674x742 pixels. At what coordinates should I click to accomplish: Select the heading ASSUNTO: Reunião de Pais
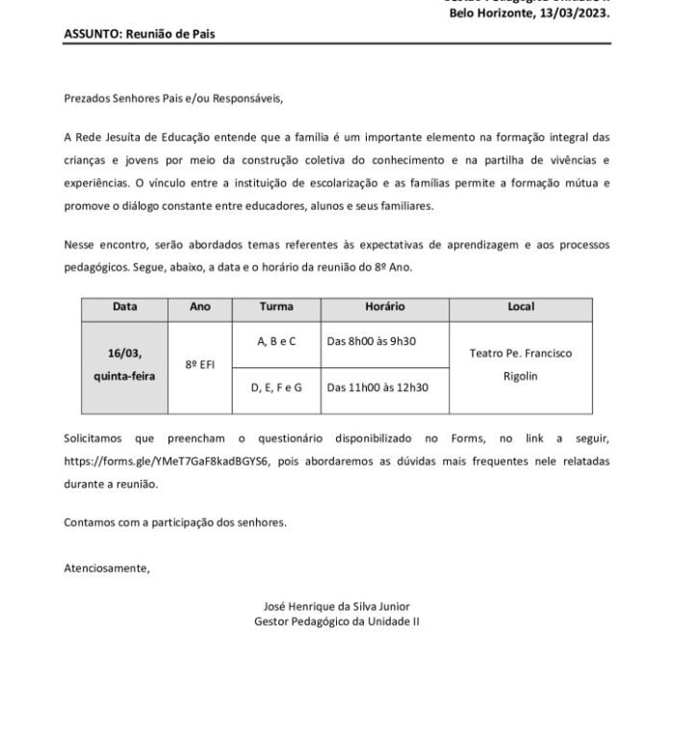point(140,34)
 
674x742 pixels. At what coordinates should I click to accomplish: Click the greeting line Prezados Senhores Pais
point(174,98)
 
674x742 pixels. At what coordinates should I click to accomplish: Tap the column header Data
point(125,307)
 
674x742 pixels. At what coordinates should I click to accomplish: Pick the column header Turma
point(277,307)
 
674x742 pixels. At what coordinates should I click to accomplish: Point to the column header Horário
point(385,307)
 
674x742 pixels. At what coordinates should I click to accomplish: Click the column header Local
point(520,307)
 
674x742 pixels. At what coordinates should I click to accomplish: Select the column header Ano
point(199,307)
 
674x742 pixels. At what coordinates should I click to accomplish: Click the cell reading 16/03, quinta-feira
point(125,366)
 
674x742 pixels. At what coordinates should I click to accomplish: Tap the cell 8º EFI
point(199,366)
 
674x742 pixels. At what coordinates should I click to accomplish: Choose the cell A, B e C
point(277,341)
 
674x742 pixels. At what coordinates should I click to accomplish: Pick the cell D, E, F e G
point(277,387)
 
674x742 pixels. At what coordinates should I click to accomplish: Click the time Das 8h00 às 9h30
point(372,341)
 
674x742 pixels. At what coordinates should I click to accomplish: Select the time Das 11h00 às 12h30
point(377,387)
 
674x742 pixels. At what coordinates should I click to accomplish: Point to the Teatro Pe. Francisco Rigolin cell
point(520,364)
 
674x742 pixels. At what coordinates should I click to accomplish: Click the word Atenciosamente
point(108,568)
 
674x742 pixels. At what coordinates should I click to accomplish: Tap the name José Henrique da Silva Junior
point(337,607)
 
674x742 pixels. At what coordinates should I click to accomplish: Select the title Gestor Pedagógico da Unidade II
point(337,623)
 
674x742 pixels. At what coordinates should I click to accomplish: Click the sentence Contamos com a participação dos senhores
point(175,522)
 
